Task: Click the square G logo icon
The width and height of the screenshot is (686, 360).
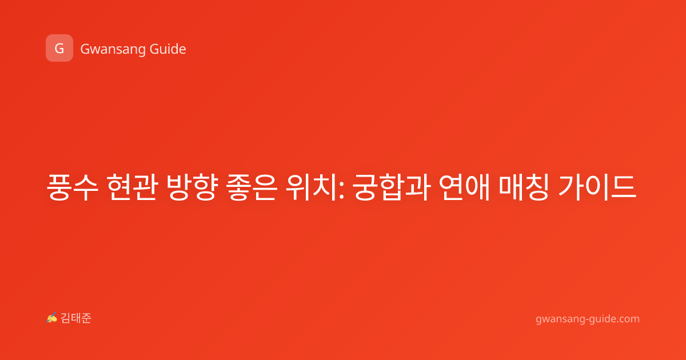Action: tap(59, 48)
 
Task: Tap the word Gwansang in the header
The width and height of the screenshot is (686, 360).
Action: tap(113, 50)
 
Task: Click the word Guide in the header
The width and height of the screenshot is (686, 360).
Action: tap(168, 49)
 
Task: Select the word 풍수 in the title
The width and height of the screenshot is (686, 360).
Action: tap(72, 187)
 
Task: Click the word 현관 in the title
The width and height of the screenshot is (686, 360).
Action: tap(132, 187)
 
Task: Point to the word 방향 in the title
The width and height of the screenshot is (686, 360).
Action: tap(192, 187)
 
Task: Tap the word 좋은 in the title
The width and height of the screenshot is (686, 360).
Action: tap(252, 187)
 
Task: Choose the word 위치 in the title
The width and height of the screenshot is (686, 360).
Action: tap(312, 187)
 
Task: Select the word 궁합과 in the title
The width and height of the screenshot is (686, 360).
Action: tap(392, 187)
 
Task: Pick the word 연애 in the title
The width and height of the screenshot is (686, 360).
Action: tap(464, 187)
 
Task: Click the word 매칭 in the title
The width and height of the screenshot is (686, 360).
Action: tap(524, 187)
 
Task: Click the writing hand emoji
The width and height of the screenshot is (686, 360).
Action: tap(52, 318)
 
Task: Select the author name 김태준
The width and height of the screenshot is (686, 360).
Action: tap(76, 318)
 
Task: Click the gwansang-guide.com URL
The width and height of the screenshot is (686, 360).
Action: tap(588, 319)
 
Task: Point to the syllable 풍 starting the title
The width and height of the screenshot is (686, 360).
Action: tap(58, 187)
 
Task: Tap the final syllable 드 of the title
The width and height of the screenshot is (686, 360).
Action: tap(624, 187)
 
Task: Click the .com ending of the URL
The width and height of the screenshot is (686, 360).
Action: tap(627, 319)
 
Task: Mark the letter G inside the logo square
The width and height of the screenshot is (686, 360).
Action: tap(59, 49)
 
